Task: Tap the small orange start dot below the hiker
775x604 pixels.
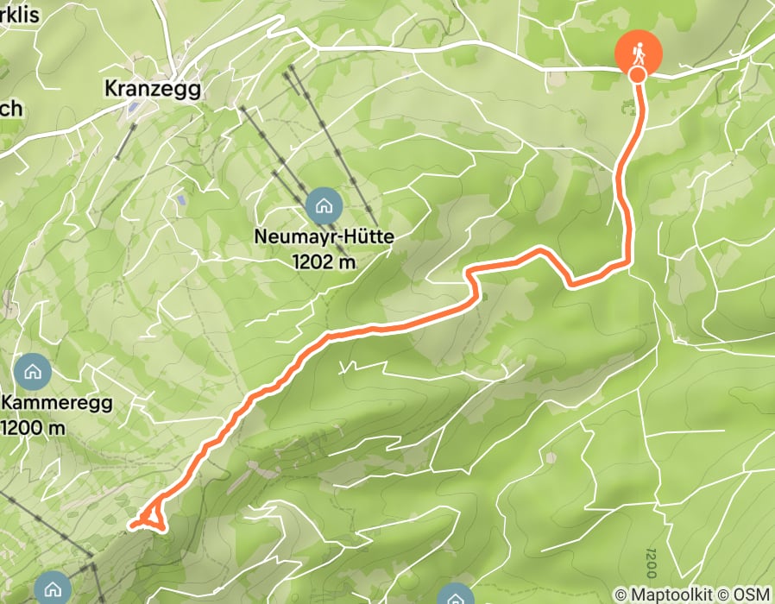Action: coord(637,75)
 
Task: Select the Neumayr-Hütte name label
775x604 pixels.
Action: coord(323,236)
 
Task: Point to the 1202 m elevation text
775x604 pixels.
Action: coord(324,261)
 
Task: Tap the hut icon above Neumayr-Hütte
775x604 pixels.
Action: coord(324,205)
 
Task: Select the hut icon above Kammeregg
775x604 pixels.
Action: coord(33,372)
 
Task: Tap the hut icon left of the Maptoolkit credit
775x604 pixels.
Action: coord(453,596)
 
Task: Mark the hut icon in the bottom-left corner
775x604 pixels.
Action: coord(54,589)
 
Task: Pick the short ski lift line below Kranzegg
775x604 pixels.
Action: coord(124,141)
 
